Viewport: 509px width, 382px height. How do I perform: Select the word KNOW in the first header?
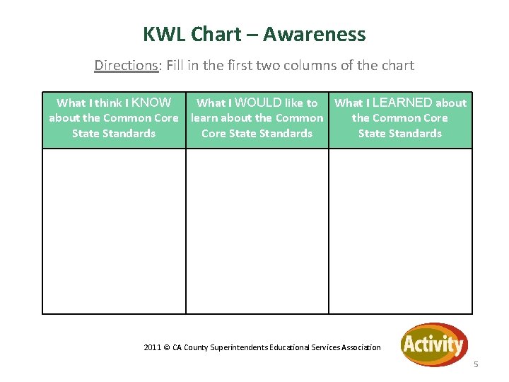pyautogui.click(x=151, y=103)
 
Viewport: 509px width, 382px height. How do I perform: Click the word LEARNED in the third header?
pyautogui.click(x=402, y=103)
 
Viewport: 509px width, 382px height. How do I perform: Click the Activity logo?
pyautogui.click(x=433, y=345)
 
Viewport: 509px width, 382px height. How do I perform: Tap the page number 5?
pyautogui.click(x=476, y=364)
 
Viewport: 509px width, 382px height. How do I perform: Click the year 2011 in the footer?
pyautogui.click(x=152, y=347)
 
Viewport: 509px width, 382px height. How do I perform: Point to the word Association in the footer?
pyautogui.click(x=359, y=347)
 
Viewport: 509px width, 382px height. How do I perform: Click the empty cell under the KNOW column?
pyautogui.click(x=114, y=231)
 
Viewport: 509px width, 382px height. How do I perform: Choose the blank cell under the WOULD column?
pyautogui.click(x=257, y=231)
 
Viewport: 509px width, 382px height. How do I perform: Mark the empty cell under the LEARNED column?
pyautogui.click(x=400, y=231)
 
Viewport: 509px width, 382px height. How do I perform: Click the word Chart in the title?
pyautogui.click(x=217, y=34)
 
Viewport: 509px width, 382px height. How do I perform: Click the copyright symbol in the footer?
pyautogui.click(x=167, y=347)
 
